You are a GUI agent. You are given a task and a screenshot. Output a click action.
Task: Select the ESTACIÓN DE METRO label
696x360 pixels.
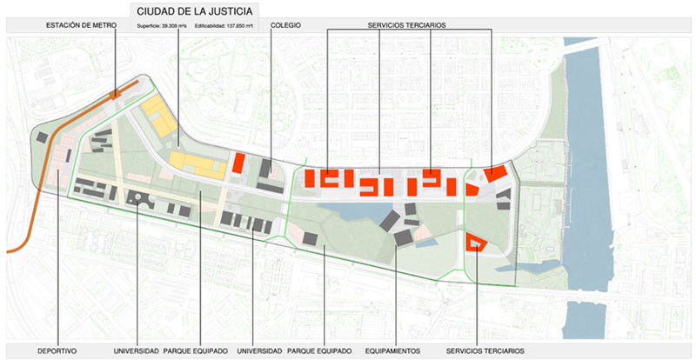tap(81, 26)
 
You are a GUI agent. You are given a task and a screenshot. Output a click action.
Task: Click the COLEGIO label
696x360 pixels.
tap(285, 26)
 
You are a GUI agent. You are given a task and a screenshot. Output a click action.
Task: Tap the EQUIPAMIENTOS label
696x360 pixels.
tap(395, 351)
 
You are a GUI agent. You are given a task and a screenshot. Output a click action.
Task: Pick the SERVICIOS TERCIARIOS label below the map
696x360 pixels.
tap(485, 351)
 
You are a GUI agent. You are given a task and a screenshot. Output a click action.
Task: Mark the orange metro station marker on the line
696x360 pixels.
tap(116, 94)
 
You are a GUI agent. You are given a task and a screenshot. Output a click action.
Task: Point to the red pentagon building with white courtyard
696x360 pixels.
tap(475, 241)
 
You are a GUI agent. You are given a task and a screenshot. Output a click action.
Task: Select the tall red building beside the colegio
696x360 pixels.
tap(238, 163)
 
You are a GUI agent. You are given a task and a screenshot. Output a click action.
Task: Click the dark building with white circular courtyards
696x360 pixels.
tap(139, 199)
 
